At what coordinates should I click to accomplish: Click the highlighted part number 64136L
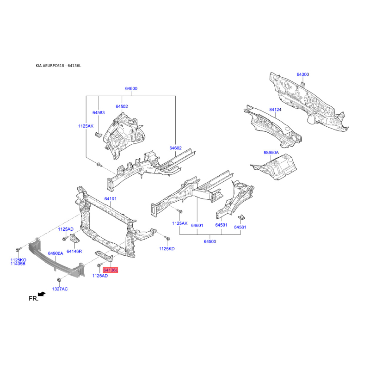[x=110, y=270]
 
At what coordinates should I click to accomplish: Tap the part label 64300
[x=303, y=74]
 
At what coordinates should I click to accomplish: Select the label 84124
[x=275, y=110]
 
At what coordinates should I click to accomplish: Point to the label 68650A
[x=271, y=153]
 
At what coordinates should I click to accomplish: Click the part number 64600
[x=131, y=88]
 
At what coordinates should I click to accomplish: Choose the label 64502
[x=122, y=107]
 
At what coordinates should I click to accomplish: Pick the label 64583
[x=99, y=112]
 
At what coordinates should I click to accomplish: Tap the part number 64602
[x=176, y=148]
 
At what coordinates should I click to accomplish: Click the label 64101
[x=111, y=199]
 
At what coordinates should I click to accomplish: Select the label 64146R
[x=74, y=251]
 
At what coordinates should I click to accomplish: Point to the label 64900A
[x=55, y=253]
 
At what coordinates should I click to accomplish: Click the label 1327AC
[x=60, y=289]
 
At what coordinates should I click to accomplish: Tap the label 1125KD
[x=167, y=249]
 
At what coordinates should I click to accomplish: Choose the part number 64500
[x=210, y=241]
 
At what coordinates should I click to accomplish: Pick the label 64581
[x=240, y=227]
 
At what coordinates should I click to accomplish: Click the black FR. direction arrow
[x=42, y=294]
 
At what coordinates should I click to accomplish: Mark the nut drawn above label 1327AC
[x=59, y=280]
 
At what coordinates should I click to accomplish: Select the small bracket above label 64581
[x=241, y=217]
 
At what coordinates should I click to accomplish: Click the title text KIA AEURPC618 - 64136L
[x=58, y=66]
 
